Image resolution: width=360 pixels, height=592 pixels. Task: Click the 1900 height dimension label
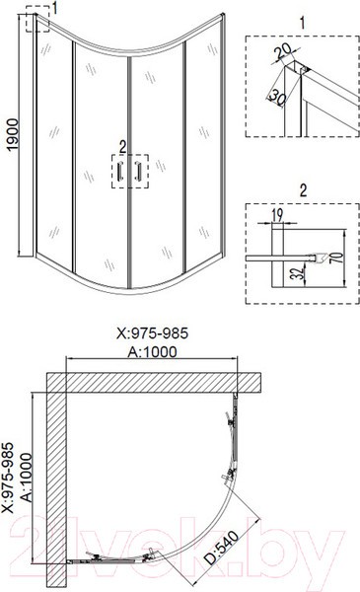(x=13, y=134)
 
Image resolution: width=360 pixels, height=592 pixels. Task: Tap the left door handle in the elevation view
(x=120, y=171)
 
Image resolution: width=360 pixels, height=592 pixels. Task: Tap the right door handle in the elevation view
(x=137, y=171)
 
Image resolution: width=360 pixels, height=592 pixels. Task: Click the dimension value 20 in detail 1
(x=282, y=51)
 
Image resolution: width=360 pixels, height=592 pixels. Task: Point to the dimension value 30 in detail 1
(x=276, y=96)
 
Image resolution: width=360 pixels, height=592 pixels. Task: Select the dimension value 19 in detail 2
(x=277, y=214)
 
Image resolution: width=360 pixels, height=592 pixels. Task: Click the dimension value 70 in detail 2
(x=338, y=257)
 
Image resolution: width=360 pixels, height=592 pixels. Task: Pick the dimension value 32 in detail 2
(x=299, y=272)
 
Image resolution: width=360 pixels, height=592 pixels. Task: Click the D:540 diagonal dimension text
(x=222, y=548)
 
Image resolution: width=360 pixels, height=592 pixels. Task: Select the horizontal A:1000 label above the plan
(x=152, y=352)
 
